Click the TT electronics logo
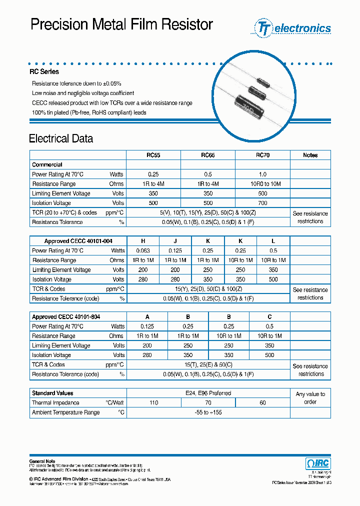coord(293,28)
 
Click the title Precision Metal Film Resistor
coord(122,24)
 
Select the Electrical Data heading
coord(61,138)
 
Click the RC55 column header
coord(153,155)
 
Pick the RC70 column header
coord(262,155)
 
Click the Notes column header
coord(310,155)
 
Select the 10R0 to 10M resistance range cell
coord(262,184)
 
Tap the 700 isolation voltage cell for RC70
coord(262,203)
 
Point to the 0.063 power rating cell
coord(143,250)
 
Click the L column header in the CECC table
coord(273,241)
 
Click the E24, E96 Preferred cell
coord(208,393)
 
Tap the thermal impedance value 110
coord(153,402)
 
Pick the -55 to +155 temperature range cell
coord(208,412)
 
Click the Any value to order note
coord(310,398)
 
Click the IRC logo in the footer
coord(317,463)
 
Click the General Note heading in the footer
coord(42,461)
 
